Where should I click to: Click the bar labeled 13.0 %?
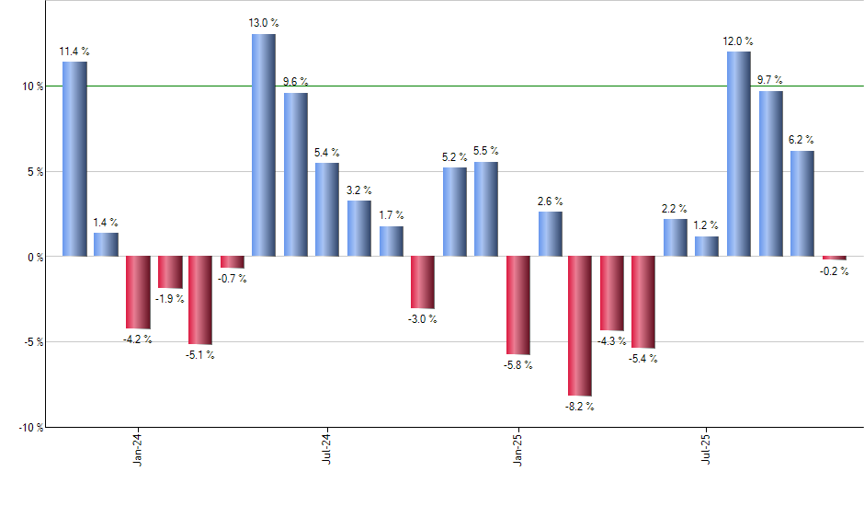click(x=263, y=145)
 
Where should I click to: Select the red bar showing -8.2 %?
click(x=580, y=326)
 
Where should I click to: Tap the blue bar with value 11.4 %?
click(x=74, y=158)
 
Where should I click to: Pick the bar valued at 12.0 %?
click(x=738, y=154)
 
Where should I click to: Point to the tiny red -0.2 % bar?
click(x=834, y=258)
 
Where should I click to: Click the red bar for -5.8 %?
click(x=517, y=305)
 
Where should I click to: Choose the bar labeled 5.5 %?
click(x=486, y=209)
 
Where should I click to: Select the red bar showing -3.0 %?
click(x=422, y=282)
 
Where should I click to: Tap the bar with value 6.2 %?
click(x=801, y=203)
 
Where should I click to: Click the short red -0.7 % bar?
click(x=232, y=261)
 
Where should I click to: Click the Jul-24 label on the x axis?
click(x=328, y=448)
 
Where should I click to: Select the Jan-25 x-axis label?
click(x=517, y=448)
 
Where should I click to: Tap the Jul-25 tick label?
click(x=707, y=448)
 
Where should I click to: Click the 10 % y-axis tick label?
click(x=33, y=86)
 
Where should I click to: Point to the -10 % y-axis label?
click(x=30, y=428)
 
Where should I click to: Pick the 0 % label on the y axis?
click(x=36, y=257)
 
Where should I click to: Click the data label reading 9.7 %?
click(x=770, y=81)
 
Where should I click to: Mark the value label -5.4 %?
click(x=642, y=359)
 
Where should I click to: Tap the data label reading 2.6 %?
click(x=551, y=201)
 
